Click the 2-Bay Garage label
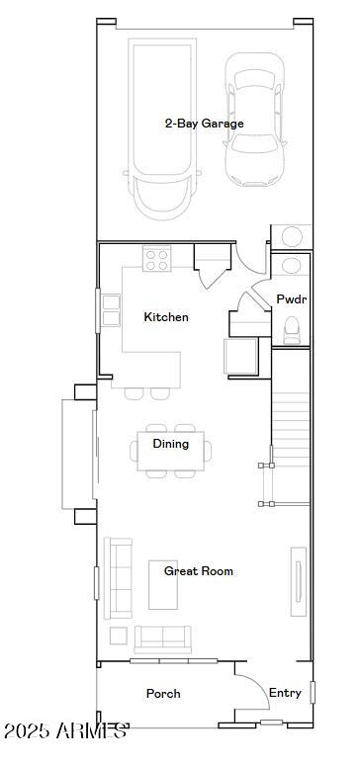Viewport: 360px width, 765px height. coord(204,124)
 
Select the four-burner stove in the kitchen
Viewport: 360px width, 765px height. coord(156,259)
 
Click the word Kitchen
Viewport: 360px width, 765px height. coord(165,317)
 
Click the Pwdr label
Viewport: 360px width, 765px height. coord(290,298)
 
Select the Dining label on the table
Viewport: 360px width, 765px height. coord(170,444)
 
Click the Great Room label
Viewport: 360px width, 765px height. coord(198,571)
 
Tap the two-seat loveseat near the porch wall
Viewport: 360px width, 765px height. coord(162,637)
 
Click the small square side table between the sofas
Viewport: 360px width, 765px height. coord(118,635)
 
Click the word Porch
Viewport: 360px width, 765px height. coord(163,694)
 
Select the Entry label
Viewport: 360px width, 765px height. coord(285,693)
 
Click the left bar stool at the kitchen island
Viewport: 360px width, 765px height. coord(133,393)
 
